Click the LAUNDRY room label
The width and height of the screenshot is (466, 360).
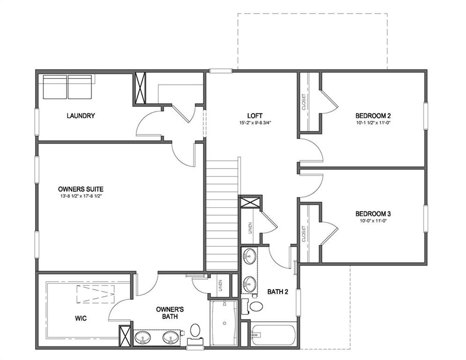(81, 116)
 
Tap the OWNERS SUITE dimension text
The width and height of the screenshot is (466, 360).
(81, 196)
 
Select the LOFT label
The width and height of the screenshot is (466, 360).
(255, 116)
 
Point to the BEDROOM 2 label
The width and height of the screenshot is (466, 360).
(373, 116)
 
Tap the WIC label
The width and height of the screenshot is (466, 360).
(81, 318)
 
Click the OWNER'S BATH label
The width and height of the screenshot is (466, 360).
(170, 313)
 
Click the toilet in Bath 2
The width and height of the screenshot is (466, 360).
(255, 307)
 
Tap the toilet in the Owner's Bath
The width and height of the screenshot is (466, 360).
(195, 330)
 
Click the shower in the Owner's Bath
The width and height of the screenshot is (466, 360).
(224, 324)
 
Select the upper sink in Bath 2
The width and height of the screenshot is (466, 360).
(249, 257)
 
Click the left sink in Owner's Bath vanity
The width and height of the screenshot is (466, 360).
(141, 337)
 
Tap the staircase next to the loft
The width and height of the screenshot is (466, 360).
(222, 216)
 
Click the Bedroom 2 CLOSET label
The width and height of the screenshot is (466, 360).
(303, 101)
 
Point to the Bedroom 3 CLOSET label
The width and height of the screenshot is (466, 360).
(303, 233)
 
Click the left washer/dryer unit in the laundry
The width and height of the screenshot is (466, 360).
(55, 87)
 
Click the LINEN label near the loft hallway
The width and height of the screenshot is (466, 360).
(250, 228)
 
